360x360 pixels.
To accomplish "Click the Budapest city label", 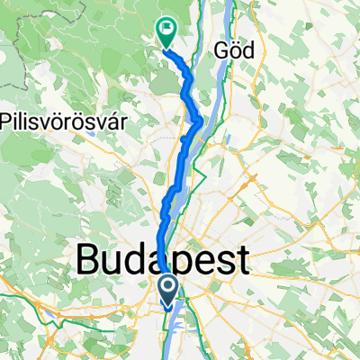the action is [162, 261].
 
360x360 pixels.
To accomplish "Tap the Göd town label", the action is [236, 51].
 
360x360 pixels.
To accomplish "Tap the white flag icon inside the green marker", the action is [167, 28].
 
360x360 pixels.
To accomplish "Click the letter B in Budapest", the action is [91, 261].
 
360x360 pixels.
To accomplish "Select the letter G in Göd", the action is [222, 51].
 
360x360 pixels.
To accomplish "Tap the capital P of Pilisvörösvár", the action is [6, 120].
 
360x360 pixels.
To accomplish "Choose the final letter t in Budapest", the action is [240, 261].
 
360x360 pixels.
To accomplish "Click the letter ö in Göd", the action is [236, 52].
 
